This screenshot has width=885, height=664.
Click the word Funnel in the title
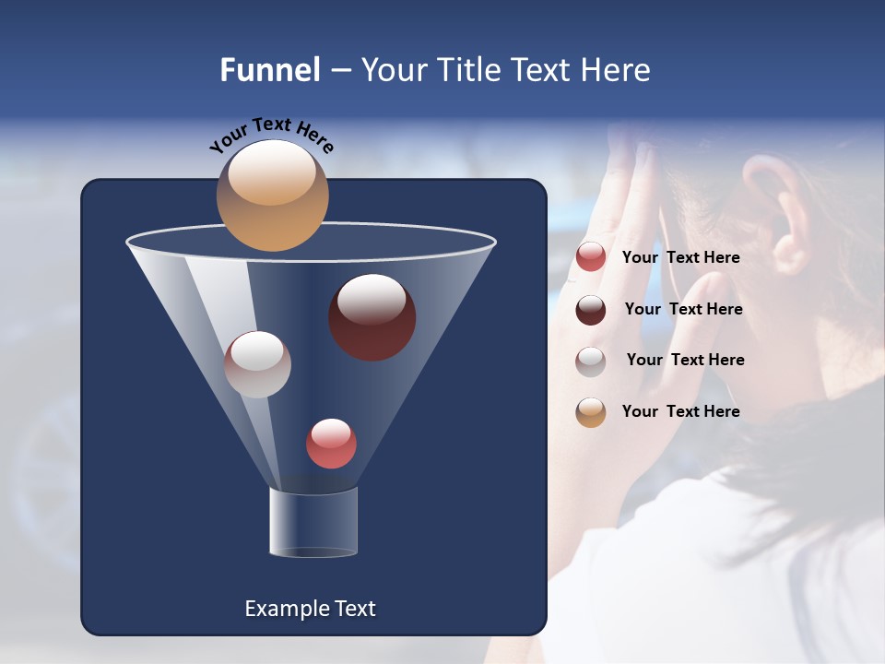point(269,70)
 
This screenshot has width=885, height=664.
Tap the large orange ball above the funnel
point(272,196)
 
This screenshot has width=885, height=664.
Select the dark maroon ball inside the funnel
point(372,317)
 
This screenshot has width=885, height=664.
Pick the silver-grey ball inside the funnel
point(257,364)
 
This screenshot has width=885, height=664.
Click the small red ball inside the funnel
point(331,444)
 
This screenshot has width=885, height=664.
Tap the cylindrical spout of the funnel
point(313,522)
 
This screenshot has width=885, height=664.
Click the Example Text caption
point(310,609)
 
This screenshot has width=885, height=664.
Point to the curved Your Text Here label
point(271,135)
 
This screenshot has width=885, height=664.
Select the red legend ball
point(591,257)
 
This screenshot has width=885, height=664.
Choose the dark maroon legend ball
point(591,310)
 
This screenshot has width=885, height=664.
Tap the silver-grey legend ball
point(591,361)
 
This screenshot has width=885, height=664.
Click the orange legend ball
point(591,412)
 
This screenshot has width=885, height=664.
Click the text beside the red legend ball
point(680,258)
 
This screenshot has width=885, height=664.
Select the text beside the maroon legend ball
point(683,310)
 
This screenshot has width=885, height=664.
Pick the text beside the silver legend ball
point(685,361)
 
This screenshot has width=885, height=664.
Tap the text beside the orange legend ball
point(680,412)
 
